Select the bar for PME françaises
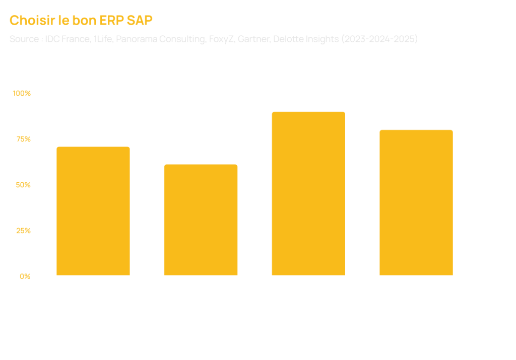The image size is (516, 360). click(93, 211)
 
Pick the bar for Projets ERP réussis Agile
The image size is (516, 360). click(308, 193)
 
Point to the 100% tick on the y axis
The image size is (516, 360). click(22, 93)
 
